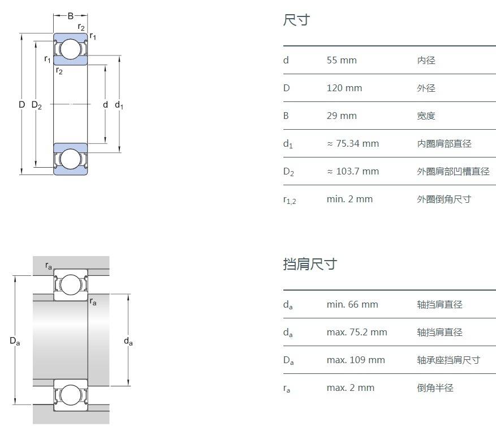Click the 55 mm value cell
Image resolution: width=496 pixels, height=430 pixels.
[x=342, y=60]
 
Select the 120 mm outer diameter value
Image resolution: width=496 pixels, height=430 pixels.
[x=344, y=88]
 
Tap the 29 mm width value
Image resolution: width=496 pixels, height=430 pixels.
[x=342, y=116]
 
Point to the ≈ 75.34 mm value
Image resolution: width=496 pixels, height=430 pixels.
[x=353, y=143]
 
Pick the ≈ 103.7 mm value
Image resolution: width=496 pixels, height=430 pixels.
[x=353, y=171]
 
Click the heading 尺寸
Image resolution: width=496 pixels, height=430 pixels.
[x=296, y=20]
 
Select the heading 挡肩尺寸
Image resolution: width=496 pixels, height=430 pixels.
[x=310, y=264]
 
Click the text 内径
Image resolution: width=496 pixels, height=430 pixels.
[x=426, y=60]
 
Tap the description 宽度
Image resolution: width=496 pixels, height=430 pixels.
[x=426, y=116]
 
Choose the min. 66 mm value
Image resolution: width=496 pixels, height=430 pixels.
[x=352, y=304]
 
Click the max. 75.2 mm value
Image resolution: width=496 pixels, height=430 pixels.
[x=357, y=332]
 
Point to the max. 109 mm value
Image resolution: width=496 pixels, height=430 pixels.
[x=356, y=360]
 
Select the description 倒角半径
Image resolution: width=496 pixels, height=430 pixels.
[x=435, y=388]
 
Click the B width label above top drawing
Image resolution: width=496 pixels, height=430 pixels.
[x=71, y=16]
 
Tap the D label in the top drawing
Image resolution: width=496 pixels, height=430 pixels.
[x=21, y=105]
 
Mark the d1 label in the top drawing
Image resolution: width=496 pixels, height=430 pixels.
[x=119, y=105]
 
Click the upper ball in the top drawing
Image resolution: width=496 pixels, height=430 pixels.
[x=71, y=49]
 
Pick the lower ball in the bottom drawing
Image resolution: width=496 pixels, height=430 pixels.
[x=71, y=395]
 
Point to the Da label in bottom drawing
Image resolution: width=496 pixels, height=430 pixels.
[x=15, y=341]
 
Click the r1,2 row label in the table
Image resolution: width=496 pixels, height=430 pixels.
[x=289, y=199]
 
